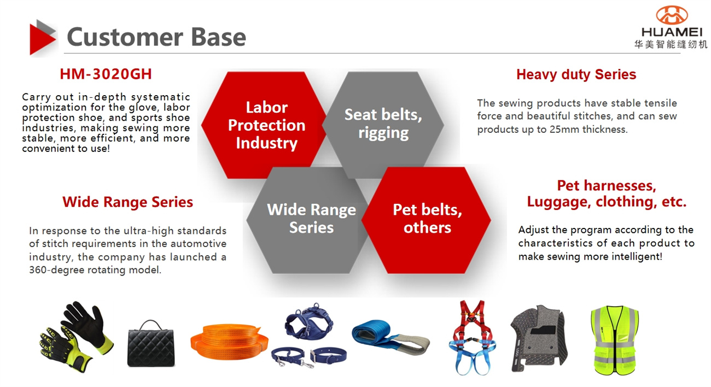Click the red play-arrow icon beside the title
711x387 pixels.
(x=41, y=39)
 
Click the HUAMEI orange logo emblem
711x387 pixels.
(x=672, y=15)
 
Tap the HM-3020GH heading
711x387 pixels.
(x=106, y=74)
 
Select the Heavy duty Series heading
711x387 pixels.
(x=576, y=75)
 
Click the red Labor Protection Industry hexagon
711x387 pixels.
(x=264, y=125)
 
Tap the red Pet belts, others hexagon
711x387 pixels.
(x=426, y=220)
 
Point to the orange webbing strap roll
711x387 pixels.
(x=229, y=342)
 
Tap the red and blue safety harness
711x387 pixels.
(x=473, y=337)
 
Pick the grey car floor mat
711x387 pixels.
(x=539, y=338)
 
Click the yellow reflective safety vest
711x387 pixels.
(x=615, y=340)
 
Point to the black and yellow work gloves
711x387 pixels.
(x=76, y=336)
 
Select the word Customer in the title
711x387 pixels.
(x=125, y=37)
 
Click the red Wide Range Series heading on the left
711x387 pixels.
(x=127, y=202)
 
